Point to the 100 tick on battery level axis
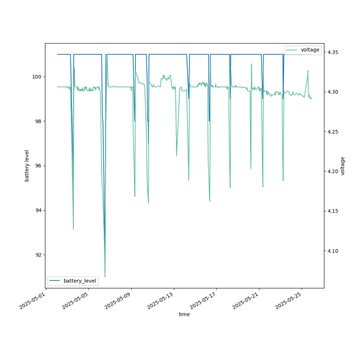click(x=38, y=77)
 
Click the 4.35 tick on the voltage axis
click(x=332, y=52)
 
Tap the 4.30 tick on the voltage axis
click(x=332, y=92)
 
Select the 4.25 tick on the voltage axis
click(x=332, y=132)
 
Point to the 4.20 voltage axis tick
click(x=332, y=171)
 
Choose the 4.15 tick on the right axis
click(x=332, y=211)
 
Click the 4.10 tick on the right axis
click(x=332, y=251)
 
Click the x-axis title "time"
click(x=184, y=314)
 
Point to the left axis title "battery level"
click(x=27, y=166)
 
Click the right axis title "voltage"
click(x=343, y=166)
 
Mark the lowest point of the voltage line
click(x=105, y=277)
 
